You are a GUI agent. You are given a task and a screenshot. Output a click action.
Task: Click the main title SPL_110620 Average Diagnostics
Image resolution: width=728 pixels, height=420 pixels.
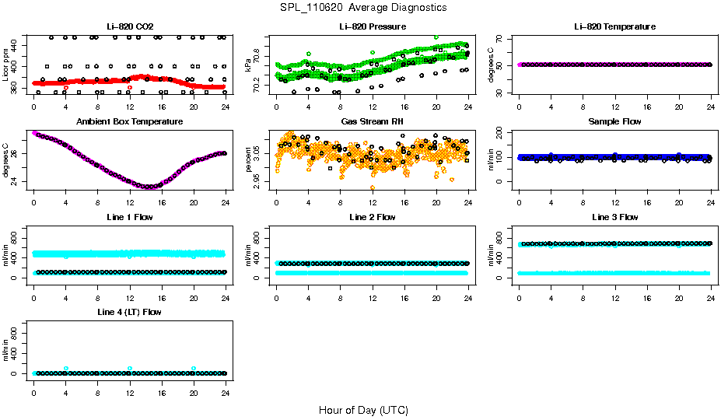pyautogui.click(x=363, y=7)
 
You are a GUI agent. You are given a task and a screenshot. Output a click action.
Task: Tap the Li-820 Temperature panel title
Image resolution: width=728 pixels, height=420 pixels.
pyautogui.click(x=614, y=27)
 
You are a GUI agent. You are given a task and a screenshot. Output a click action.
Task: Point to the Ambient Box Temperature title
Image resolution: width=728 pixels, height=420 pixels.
pyautogui.click(x=129, y=122)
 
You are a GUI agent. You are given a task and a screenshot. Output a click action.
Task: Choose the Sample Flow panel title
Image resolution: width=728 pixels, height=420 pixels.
pyautogui.click(x=614, y=122)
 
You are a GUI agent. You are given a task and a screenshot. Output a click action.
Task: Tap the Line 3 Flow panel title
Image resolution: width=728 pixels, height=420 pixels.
pyautogui.click(x=614, y=217)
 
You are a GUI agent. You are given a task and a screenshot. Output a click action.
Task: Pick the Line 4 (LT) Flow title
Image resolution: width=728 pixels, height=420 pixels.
pyautogui.click(x=129, y=312)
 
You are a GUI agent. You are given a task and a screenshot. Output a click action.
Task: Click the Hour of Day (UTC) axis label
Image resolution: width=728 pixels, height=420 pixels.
pyautogui.click(x=363, y=410)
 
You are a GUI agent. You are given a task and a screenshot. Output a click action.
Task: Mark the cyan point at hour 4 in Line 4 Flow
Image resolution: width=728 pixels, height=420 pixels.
pyautogui.click(x=66, y=368)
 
